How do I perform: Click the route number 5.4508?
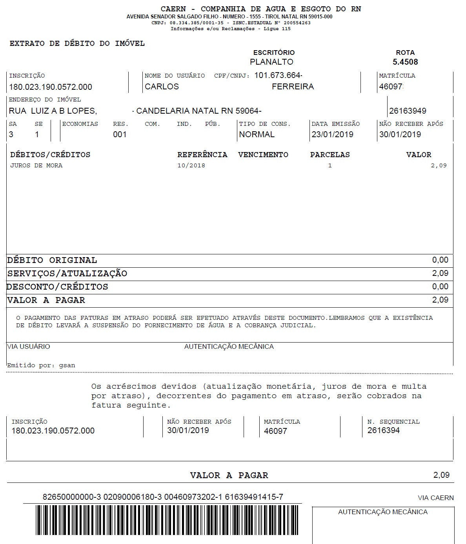(405, 62)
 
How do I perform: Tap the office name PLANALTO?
(271, 62)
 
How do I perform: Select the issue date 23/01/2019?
(332, 134)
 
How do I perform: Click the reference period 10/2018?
(191, 165)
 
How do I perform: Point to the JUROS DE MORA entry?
(36, 165)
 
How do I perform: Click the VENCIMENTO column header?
(263, 155)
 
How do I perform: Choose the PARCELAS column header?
(330, 155)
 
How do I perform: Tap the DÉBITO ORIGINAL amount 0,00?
(440, 260)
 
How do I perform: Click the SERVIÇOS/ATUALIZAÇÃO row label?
(67, 274)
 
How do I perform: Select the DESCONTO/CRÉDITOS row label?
(57, 287)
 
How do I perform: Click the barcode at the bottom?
(167, 520)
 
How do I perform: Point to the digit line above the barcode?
(163, 497)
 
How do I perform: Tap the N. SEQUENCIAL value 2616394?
(383, 430)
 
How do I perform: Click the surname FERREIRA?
(293, 87)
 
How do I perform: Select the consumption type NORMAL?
(257, 134)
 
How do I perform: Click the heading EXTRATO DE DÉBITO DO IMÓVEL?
(77, 44)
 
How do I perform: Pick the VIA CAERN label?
(435, 498)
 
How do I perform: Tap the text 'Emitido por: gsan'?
(41, 365)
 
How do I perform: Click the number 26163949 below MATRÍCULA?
(408, 111)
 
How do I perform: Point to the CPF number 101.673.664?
(278, 75)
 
